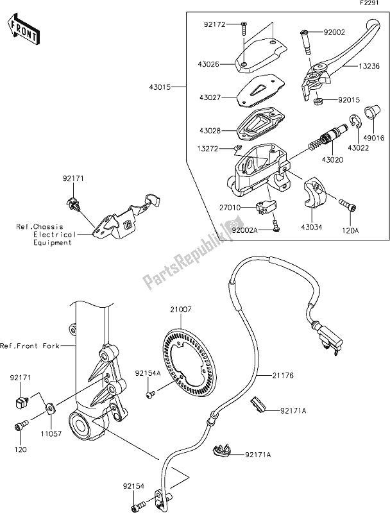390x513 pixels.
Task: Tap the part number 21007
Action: coord(182,310)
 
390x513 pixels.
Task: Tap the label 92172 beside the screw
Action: coord(214,27)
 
